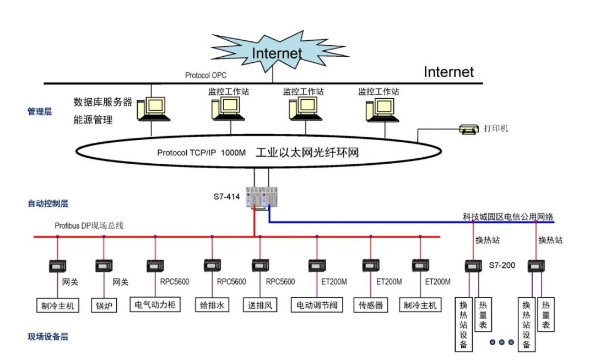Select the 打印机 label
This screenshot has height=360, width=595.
coord(496,128)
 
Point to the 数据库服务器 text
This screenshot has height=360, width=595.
coord(103,102)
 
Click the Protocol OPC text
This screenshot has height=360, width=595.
coord(205,75)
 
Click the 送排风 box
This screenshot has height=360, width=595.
coord(259,305)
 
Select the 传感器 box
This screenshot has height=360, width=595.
coord(371,305)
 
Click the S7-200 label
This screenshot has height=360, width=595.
coord(502,265)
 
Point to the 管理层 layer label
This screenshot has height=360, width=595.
coord(40,112)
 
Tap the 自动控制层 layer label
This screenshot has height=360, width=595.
coord(48,203)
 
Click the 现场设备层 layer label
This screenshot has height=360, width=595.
coord(48,337)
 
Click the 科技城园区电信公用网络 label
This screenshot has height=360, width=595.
coord(507,217)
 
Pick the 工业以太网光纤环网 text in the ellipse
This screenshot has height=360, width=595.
coord(307,153)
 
